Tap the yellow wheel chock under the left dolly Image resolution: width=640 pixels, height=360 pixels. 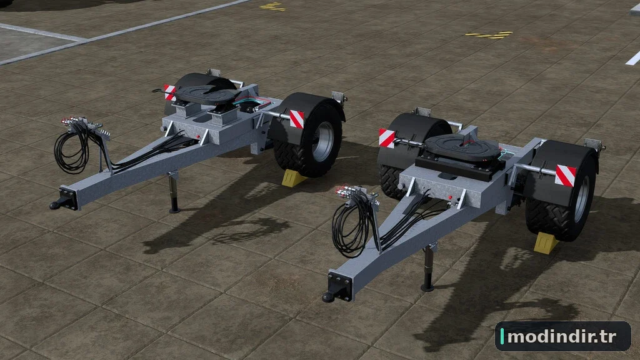[292, 178]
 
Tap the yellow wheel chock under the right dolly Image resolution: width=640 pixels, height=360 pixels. [546, 243]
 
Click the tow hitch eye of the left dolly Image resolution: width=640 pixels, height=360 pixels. [56, 204]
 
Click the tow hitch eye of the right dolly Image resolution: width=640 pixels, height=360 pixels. [329, 297]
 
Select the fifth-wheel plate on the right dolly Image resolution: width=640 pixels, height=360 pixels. [461, 146]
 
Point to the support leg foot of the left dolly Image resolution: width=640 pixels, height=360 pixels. [175, 210]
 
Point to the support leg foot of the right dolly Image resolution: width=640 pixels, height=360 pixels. [427, 288]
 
